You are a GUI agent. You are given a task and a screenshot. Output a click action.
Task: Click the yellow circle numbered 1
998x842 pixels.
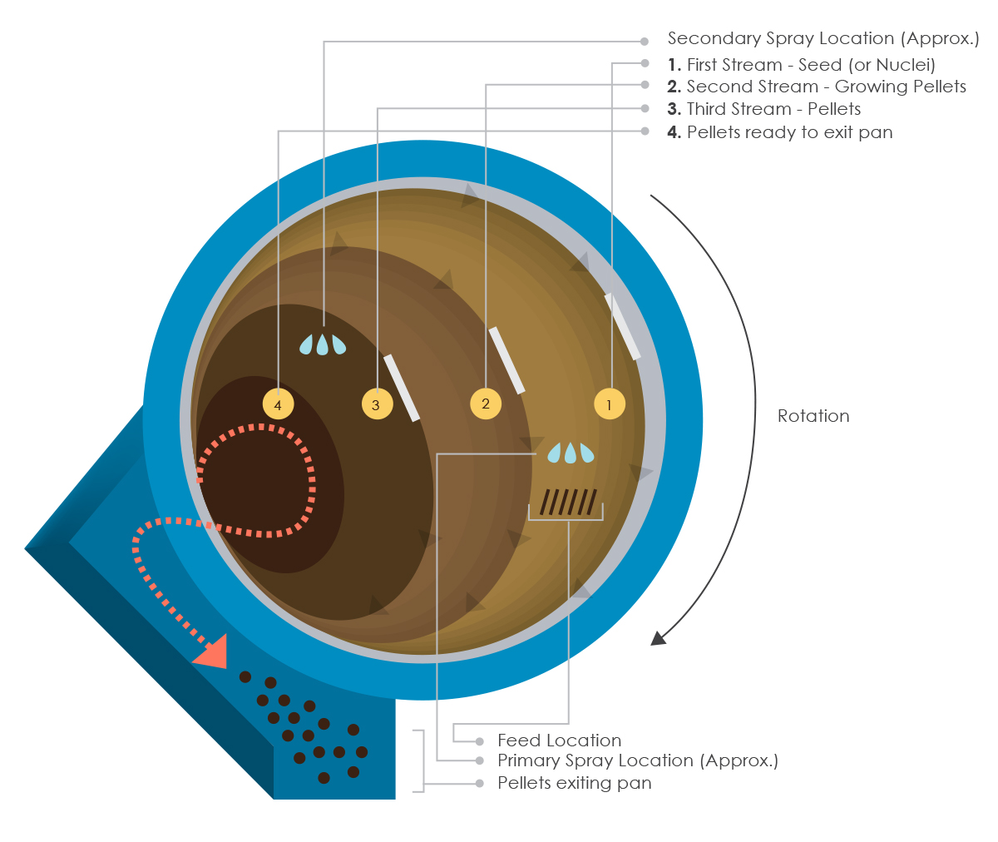[x=609, y=404]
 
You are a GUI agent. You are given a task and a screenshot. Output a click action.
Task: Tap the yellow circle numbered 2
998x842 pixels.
[x=486, y=404]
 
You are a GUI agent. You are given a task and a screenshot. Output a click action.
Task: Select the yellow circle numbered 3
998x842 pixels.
[x=377, y=404]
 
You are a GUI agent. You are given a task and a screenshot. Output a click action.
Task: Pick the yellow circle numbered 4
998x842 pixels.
[x=278, y=404]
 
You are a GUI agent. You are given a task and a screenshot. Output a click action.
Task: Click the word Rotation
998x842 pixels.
[x=813, y=416]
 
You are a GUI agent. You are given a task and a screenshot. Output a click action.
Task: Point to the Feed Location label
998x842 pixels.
[x=559, y=740]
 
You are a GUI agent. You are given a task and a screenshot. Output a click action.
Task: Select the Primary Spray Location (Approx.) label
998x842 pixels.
[x=637, y=760]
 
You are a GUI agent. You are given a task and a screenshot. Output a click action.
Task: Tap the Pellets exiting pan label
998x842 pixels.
[x=574, y=783]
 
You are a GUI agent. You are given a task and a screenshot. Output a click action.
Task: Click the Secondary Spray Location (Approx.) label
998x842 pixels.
[x=823, y=38]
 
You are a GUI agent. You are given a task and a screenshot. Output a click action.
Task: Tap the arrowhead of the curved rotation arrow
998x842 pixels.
[x=658, y=638]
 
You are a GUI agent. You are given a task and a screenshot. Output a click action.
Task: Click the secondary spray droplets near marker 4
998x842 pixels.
[x=323, y=344]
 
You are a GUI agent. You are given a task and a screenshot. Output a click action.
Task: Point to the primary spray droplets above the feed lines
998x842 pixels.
[x=571, y=453]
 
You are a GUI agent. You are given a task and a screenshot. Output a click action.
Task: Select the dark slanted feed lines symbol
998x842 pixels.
[x=569, y=502]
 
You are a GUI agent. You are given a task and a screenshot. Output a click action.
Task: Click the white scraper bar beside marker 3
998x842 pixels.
[x=402, y=388]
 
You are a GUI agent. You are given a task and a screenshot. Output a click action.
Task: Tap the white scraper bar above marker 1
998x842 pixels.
[x=623, y=326]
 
